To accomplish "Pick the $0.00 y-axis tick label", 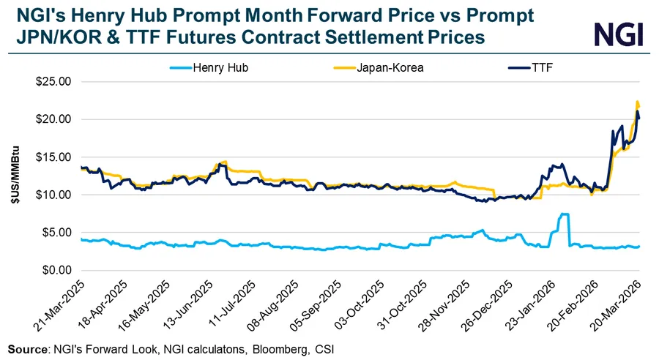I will (56, 270).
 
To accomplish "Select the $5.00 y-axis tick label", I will (56, 233).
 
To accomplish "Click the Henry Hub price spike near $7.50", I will (564, 214).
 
